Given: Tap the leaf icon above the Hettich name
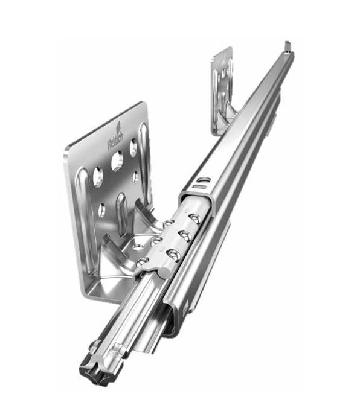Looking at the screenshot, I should [119, 126].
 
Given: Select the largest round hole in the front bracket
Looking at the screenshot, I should [117, 161].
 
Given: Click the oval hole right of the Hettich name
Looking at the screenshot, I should [133, 147].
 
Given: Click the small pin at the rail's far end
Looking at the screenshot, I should [287, 45].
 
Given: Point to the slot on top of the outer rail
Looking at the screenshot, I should [205, 180].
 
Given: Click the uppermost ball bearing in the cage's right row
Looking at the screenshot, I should [194, 217].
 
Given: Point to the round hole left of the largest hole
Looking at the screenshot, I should [97, 177].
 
